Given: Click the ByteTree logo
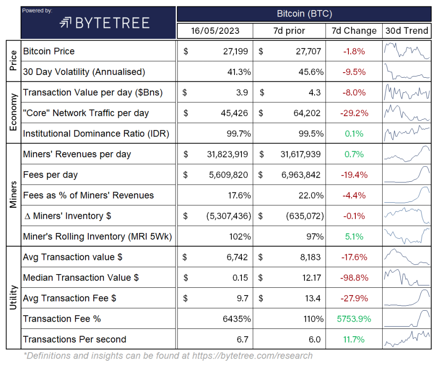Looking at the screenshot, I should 104,23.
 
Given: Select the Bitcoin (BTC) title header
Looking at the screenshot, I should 304,14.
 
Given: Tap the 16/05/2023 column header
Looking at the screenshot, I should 214,31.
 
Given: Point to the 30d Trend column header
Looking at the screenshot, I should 407,31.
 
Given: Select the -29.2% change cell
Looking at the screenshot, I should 354,113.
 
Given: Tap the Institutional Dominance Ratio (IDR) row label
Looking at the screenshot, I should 96,134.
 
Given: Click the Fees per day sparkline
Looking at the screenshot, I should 407,175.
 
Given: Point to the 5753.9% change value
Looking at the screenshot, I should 354,318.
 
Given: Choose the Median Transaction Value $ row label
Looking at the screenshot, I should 81,277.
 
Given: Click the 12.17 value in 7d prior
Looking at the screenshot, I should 311,277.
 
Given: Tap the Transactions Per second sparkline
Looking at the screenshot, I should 407,339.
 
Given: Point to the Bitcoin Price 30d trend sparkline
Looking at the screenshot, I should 407,51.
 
